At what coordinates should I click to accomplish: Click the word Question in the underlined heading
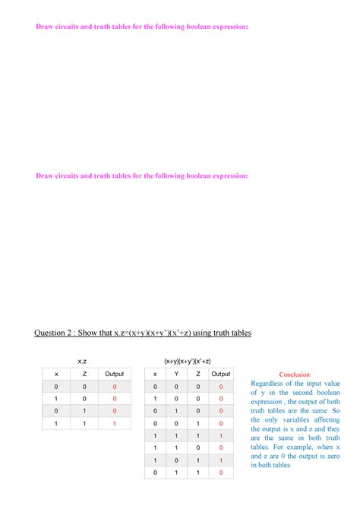(x=55, y=333)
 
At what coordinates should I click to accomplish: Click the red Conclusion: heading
(x=295, y=375)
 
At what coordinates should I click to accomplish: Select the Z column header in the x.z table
(x=84, y=374)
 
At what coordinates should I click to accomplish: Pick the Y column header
(x=177, y=374)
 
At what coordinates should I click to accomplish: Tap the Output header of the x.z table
(x=115, y=374)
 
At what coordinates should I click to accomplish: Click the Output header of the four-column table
(x=221, y=374)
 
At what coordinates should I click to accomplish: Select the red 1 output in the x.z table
(x=115, y=423)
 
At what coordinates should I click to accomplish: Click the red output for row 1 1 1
(x=221, y=435)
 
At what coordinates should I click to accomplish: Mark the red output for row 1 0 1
(x=221, y=460)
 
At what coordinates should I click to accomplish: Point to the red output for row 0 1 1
(x=221, y=473)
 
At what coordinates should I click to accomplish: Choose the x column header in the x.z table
(x=55, y=374)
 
